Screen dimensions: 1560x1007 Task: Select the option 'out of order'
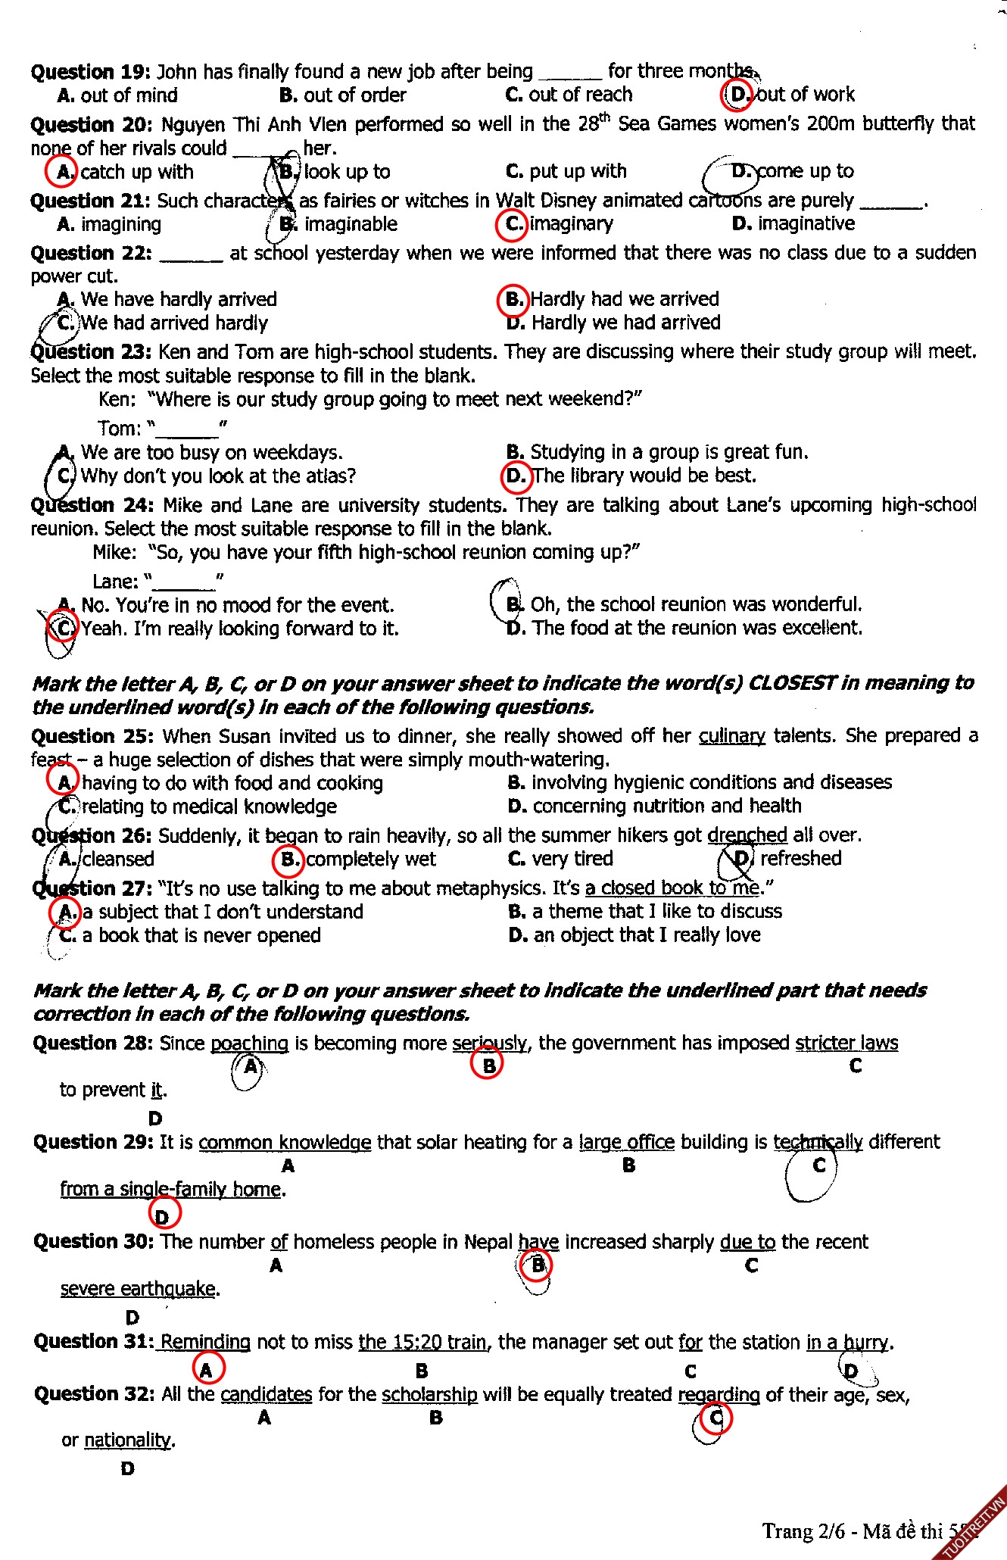[354, 95]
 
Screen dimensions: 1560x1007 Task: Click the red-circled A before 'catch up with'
[64, 172]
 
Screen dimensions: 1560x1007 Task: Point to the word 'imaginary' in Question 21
[571, 224]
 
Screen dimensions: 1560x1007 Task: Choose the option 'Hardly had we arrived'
[624, 299]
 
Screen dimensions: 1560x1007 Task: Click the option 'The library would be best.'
[644, 476]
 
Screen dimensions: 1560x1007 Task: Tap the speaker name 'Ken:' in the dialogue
[117, 399]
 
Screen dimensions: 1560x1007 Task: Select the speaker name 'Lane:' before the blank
[115, 582]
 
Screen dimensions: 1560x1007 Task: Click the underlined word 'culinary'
[731, 736]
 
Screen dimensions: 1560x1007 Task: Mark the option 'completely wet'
[370, 860]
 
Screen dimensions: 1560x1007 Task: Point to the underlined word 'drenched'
[747, 835]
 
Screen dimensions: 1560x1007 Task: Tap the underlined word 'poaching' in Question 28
[249, 1044]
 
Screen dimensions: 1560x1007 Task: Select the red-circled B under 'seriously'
[488, 1065]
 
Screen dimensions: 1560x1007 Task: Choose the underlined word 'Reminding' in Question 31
[205, 1343]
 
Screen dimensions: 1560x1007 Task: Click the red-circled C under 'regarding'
[715, 1418]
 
